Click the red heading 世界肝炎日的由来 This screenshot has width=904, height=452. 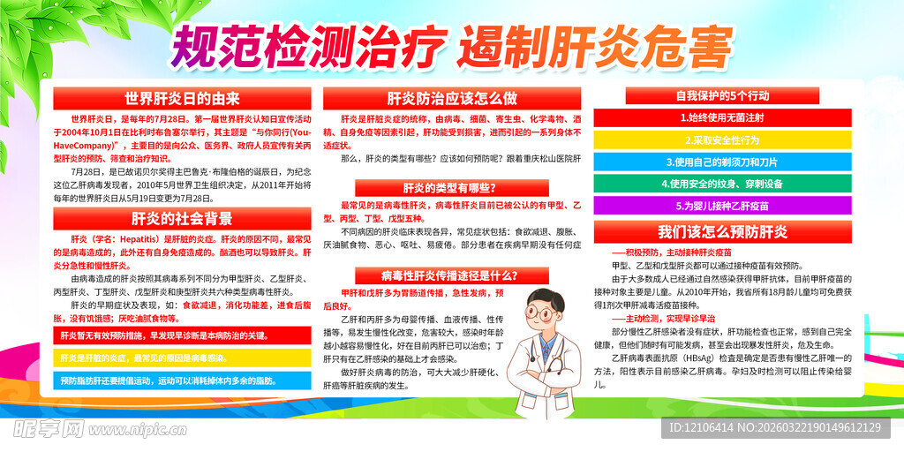(183, 98)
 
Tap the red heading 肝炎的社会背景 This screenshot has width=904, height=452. (183, 218)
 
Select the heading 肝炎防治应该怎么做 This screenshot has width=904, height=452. (452, 98)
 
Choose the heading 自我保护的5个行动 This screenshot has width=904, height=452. (722, 95)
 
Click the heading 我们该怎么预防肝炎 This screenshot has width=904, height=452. (722, 232)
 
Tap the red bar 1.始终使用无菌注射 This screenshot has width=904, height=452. (722, 117)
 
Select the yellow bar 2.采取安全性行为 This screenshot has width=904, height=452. (722, 139)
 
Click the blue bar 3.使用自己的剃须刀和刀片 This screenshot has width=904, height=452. (722, 162)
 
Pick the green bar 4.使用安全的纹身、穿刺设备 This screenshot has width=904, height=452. (722, 185)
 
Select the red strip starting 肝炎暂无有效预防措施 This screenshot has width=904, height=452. (183, 335)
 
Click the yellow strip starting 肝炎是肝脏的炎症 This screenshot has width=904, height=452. (183, 358)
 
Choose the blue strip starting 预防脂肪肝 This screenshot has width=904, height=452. (183, 380)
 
